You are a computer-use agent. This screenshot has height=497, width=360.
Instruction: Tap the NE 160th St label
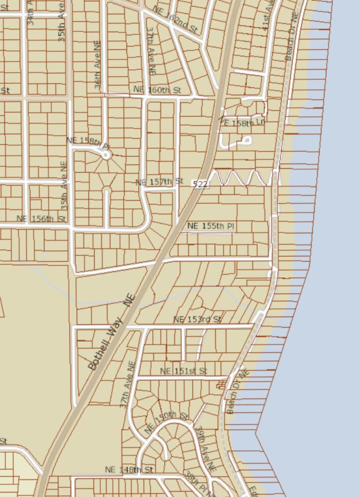[158, 90]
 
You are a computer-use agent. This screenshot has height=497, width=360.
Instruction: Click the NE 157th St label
[159, 182]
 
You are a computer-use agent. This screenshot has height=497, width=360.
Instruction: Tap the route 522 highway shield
[200, 184]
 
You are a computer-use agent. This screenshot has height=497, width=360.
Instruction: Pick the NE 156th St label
[41, 219]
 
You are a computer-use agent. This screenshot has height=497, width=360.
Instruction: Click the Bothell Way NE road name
[111, 332]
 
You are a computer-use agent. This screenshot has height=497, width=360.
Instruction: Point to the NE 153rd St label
[198, 320]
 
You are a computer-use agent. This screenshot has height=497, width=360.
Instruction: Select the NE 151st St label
[184, 371]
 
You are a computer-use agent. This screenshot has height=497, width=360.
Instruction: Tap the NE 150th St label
[167, 421]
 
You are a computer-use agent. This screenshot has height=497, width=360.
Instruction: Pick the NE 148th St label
[129, 470]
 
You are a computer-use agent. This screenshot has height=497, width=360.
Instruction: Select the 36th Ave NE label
[98, 66]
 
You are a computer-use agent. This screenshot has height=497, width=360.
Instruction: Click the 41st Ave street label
[268, 16]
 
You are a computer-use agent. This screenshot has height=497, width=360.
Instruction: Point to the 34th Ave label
[32, 13]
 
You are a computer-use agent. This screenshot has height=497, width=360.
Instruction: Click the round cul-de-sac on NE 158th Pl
[107, 154]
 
